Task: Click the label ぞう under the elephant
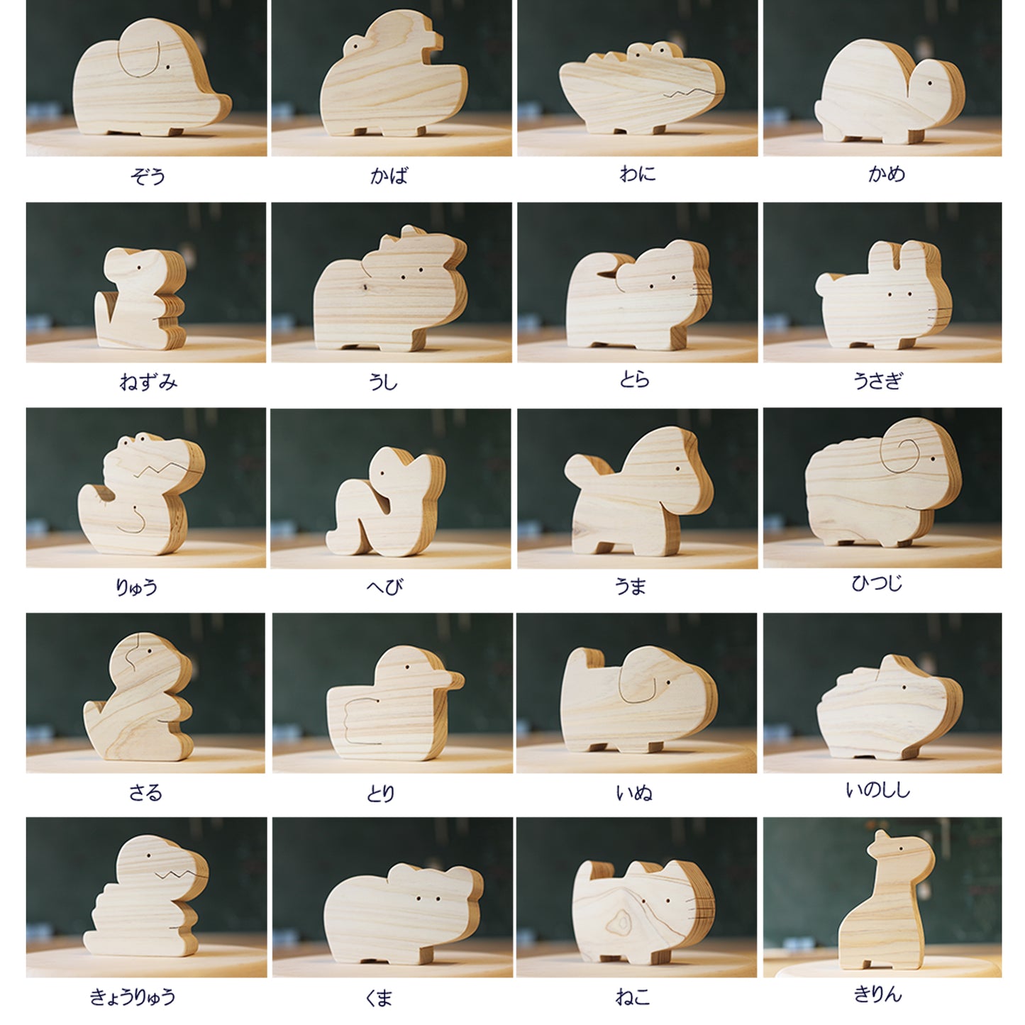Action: click(x=148, y=175)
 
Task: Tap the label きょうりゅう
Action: click(x=132, y=997)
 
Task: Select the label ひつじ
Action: click(x=877, y=584)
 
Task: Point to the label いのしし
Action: click(x=877, y=790)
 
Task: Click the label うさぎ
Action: click(x=877, y=380)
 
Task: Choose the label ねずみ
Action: click(x=148, y=382)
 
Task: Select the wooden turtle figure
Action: click(x=890, y=93)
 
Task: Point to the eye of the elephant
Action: click(x=168, y=67)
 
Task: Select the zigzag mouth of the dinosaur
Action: click(x=181, y=874)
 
